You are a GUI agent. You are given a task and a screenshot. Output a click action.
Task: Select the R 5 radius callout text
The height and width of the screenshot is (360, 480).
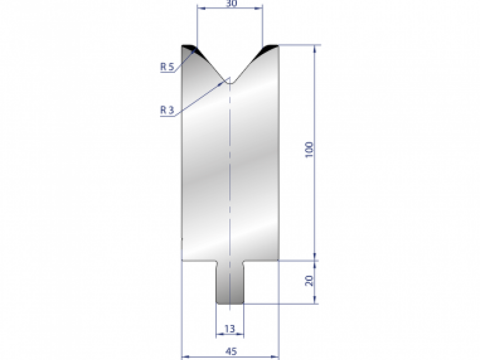click(167, 67)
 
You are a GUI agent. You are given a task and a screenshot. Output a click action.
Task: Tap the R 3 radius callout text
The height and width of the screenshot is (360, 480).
click(167, 110)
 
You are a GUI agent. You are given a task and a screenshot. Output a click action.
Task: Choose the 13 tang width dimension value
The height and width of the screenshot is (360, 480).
click(230, 329)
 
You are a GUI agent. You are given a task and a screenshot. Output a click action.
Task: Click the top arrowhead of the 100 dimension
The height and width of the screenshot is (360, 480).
click(315, 48)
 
